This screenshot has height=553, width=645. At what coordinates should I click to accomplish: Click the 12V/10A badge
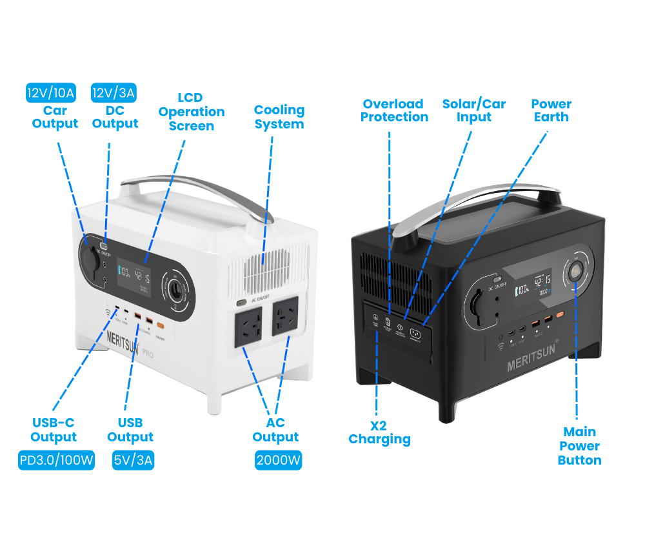(51, 93)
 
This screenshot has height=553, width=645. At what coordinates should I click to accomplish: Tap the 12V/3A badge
(114, 93)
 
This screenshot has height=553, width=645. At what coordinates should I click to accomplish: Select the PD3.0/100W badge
(56, 461)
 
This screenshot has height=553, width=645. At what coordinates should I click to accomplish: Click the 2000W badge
(279, 461)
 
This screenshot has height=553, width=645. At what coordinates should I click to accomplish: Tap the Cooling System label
(279, 117)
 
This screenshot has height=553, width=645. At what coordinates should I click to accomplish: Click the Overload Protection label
(394, 110)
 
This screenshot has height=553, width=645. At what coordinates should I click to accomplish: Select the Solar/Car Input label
(473, 110)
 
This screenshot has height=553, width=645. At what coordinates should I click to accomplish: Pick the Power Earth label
(551, 110)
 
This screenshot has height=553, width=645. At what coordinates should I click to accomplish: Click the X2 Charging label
(379, 432)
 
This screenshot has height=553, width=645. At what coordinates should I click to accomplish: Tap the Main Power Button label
(579, 446)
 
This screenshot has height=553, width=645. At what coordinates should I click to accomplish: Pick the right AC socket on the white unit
(286, 317)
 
